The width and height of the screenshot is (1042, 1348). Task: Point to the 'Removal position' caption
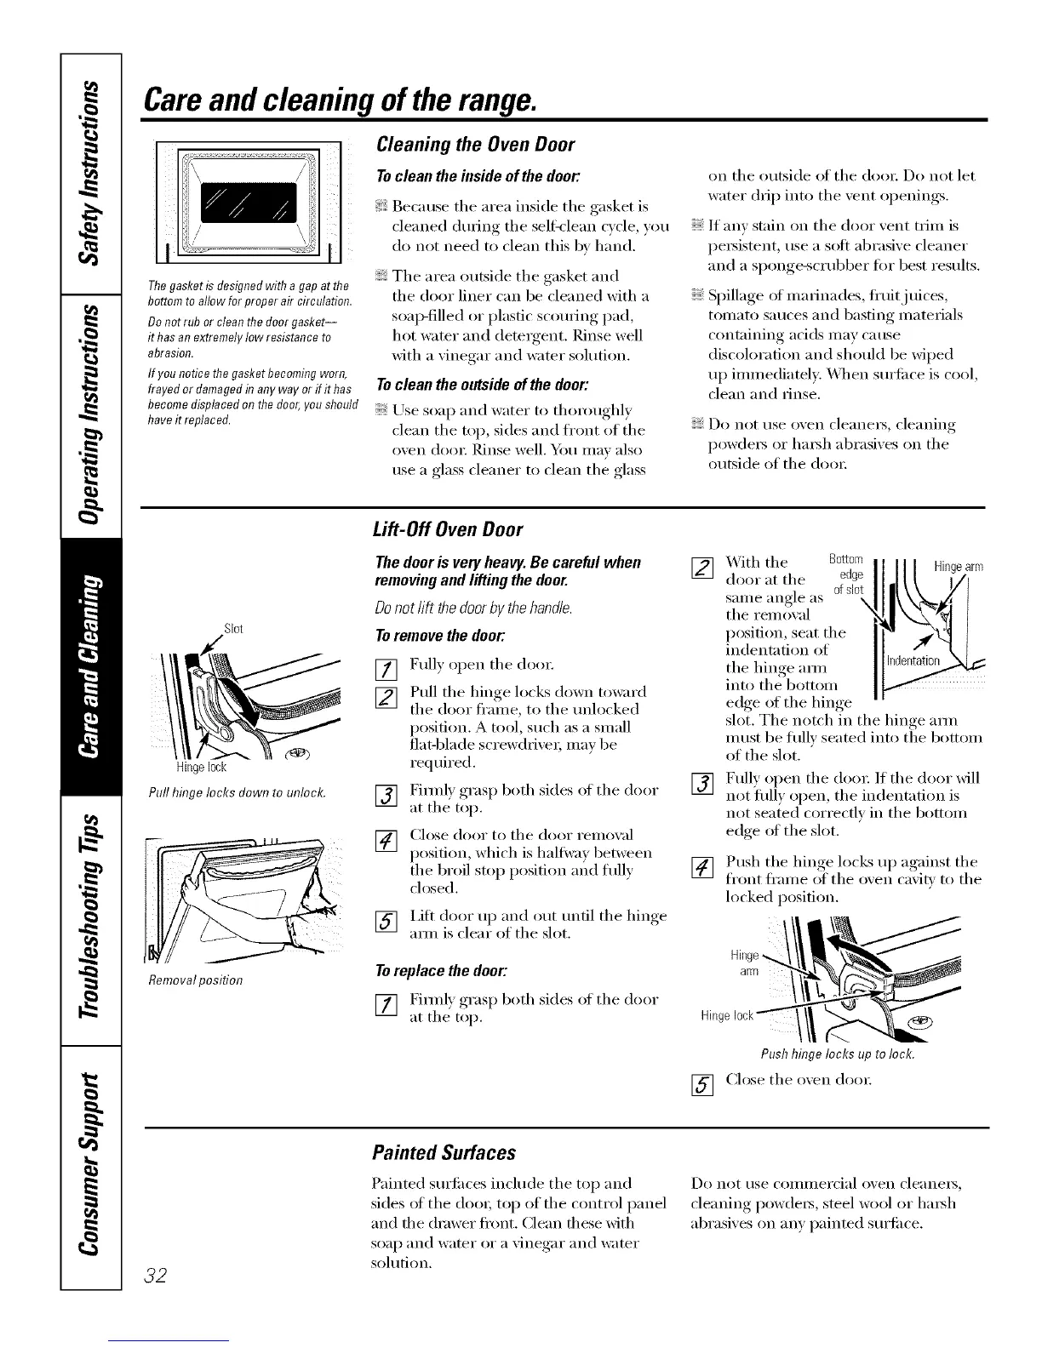click(195, 980)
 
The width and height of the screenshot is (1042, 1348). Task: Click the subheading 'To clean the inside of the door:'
click(448, 176)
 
